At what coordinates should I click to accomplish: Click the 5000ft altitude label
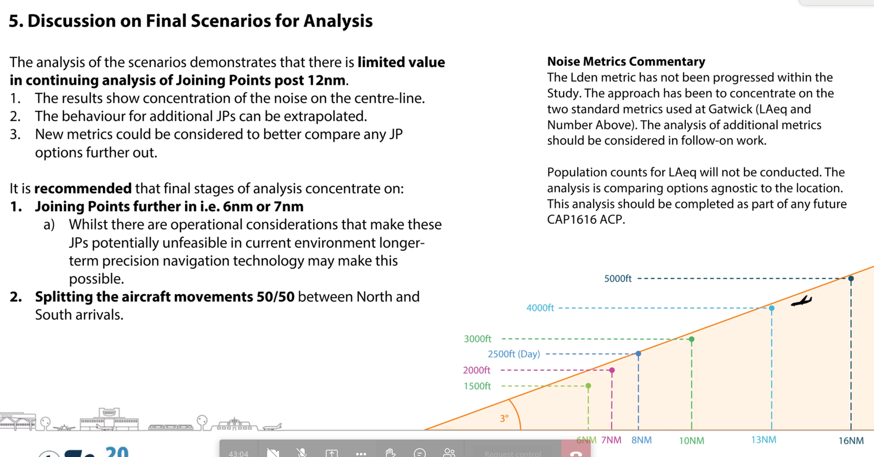point(618,278)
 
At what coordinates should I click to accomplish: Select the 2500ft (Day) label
point(514,354)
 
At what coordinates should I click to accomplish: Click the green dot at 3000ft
point(691,339)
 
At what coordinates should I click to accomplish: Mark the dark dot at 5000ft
point(851,278)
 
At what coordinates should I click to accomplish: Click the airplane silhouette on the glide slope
point(801,301)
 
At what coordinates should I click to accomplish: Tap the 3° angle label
point(504,418)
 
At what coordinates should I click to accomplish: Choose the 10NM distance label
point(691,440)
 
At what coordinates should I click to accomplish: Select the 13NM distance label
point(763,440)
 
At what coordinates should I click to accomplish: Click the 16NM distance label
point(851,440)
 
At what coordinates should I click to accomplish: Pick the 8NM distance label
point(641,440)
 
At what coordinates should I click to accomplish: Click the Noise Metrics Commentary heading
point(626,61)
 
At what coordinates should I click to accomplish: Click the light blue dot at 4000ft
point(772,308)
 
